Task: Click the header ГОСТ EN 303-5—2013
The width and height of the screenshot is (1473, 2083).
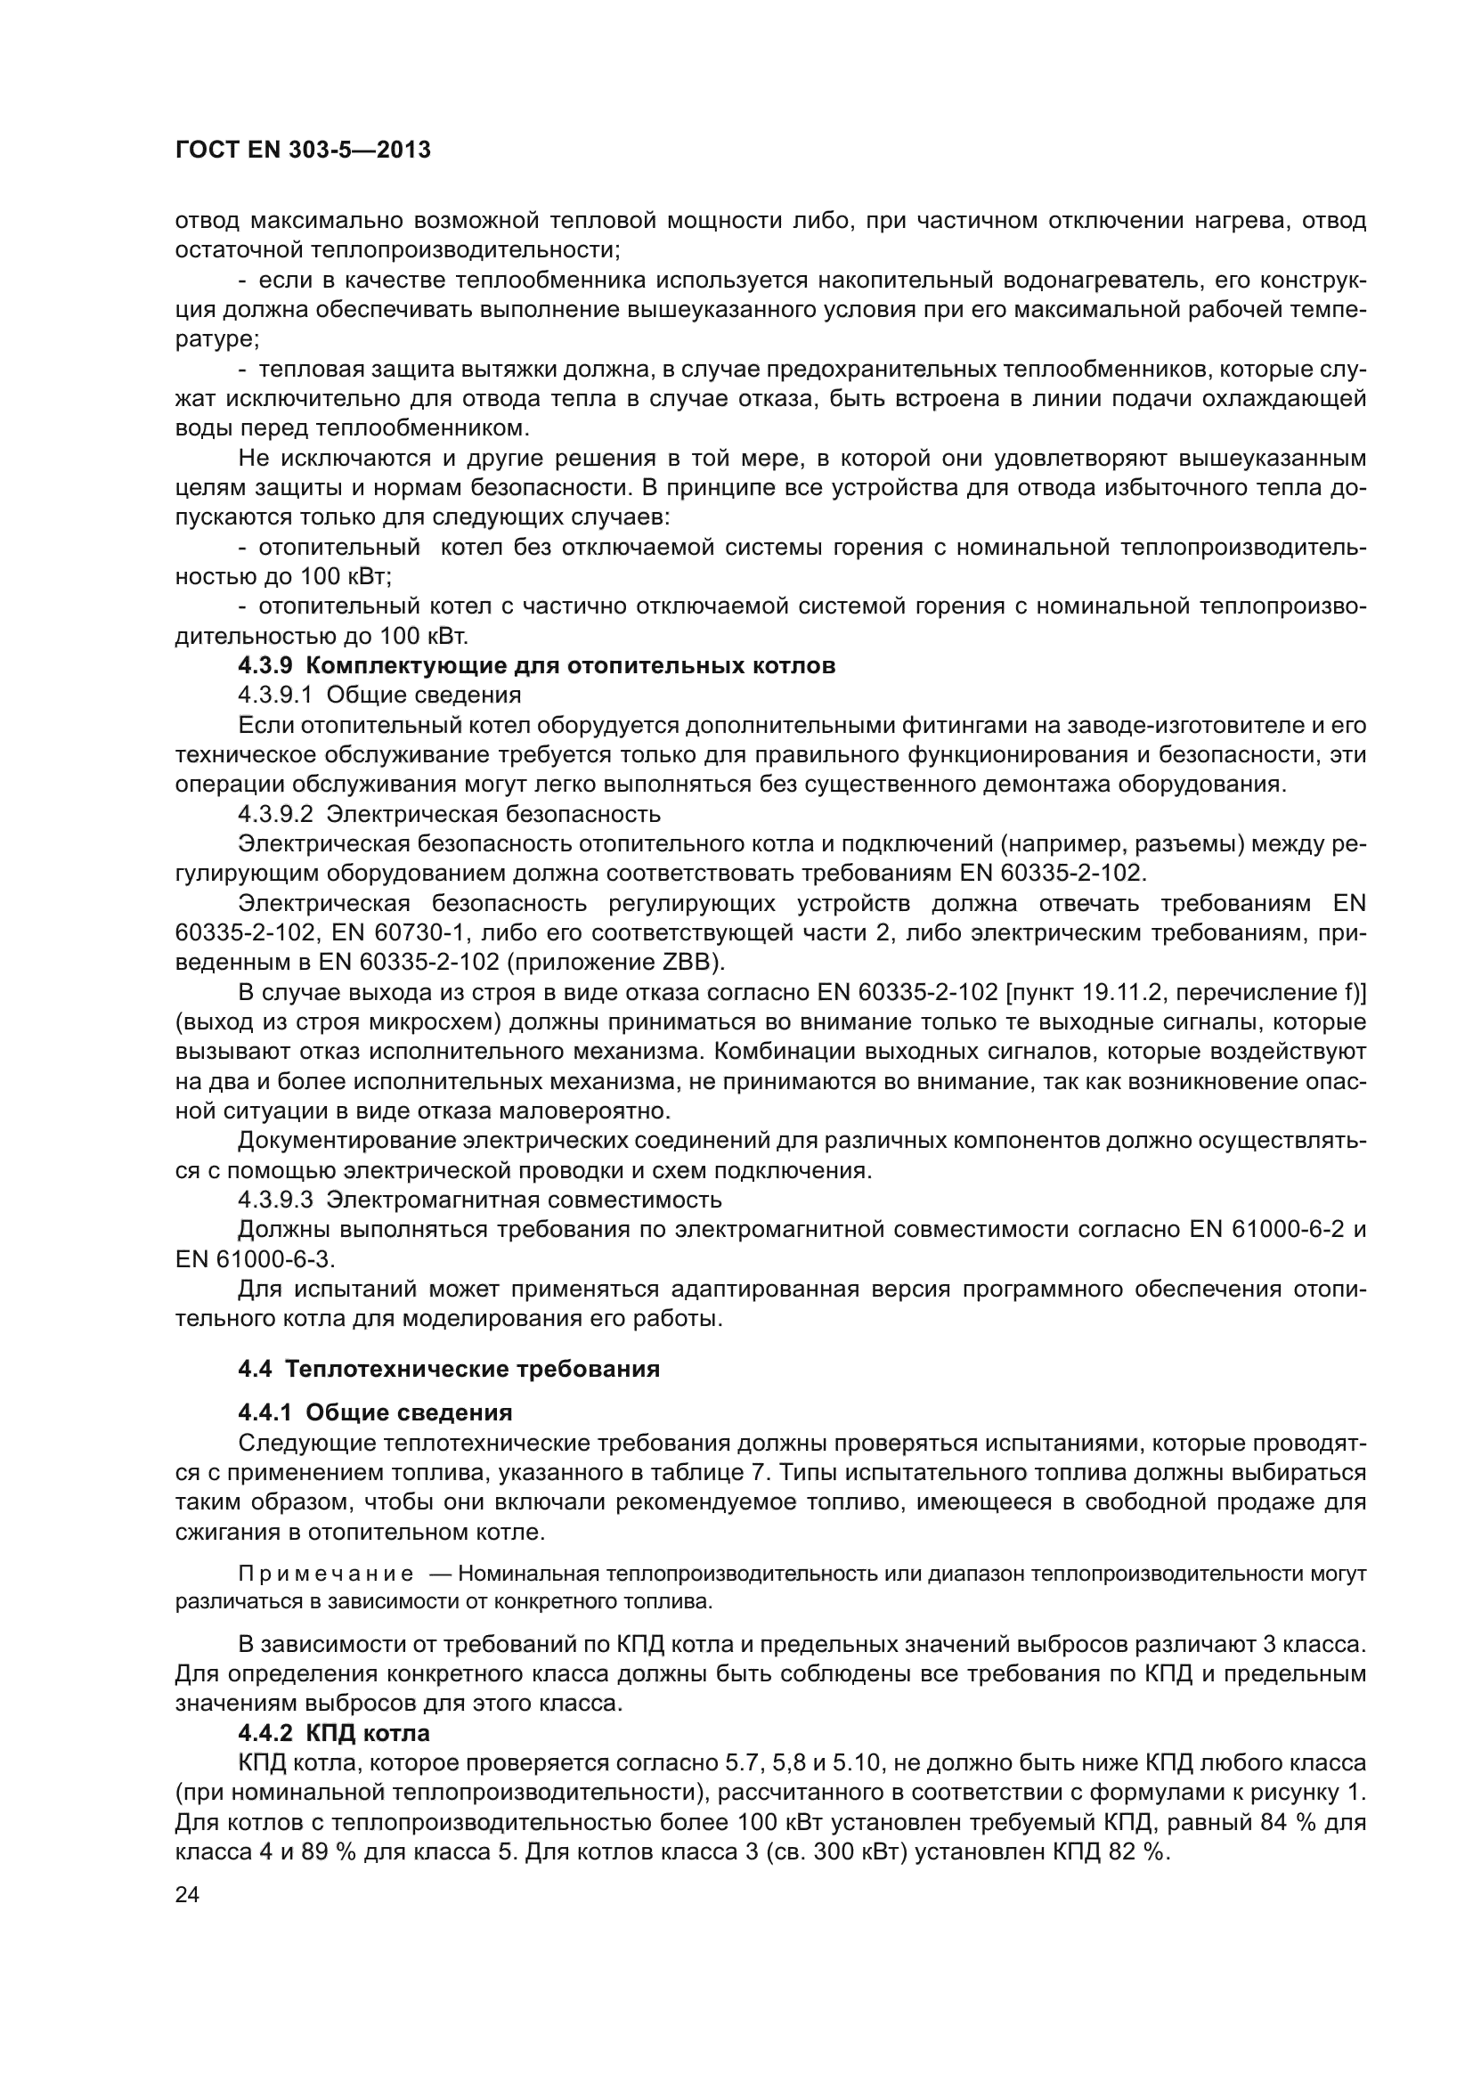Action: (302, 150)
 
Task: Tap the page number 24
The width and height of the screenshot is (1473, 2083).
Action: (187, 1894)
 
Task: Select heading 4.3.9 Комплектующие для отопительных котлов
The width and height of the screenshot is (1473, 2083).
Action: (536, 665)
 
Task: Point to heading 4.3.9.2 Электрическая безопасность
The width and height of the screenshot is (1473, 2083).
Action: (449, 814)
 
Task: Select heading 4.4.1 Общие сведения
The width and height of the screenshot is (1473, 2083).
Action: (375, 1412)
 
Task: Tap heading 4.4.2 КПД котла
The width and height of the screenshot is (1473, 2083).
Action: (334, 1733)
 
